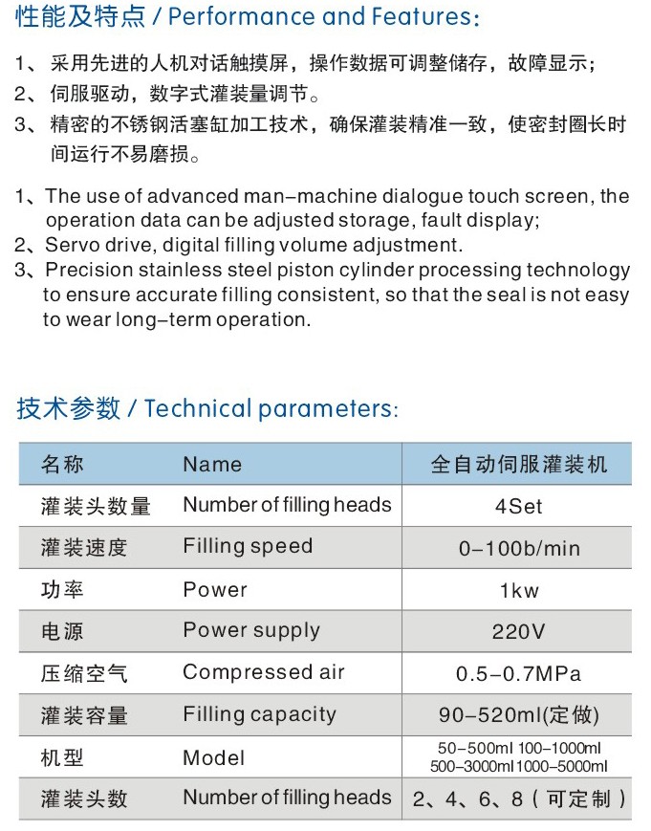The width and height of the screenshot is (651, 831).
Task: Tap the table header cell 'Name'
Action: [212, 465]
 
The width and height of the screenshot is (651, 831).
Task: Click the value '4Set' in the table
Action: [518, 507]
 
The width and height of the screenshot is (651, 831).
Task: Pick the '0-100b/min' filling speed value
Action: [518, 549]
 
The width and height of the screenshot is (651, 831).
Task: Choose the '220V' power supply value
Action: [518, 632]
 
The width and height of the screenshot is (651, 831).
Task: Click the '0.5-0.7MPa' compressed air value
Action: [518, 674]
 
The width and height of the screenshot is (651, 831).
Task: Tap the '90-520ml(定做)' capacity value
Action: [518, 715]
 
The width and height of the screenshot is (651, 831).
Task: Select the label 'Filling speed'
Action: [248, 547]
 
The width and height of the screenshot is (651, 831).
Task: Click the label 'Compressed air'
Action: [264, 672]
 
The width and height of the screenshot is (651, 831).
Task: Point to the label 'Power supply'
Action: [251, 631]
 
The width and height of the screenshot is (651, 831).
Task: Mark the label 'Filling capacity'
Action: [260, 714]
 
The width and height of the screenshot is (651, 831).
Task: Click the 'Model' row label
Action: [214, 758]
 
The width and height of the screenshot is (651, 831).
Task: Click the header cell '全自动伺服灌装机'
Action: [518, 465]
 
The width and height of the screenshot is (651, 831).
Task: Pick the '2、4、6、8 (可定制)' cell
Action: [520, 799]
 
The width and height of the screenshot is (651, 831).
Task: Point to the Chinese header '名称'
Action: [62, 465]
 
